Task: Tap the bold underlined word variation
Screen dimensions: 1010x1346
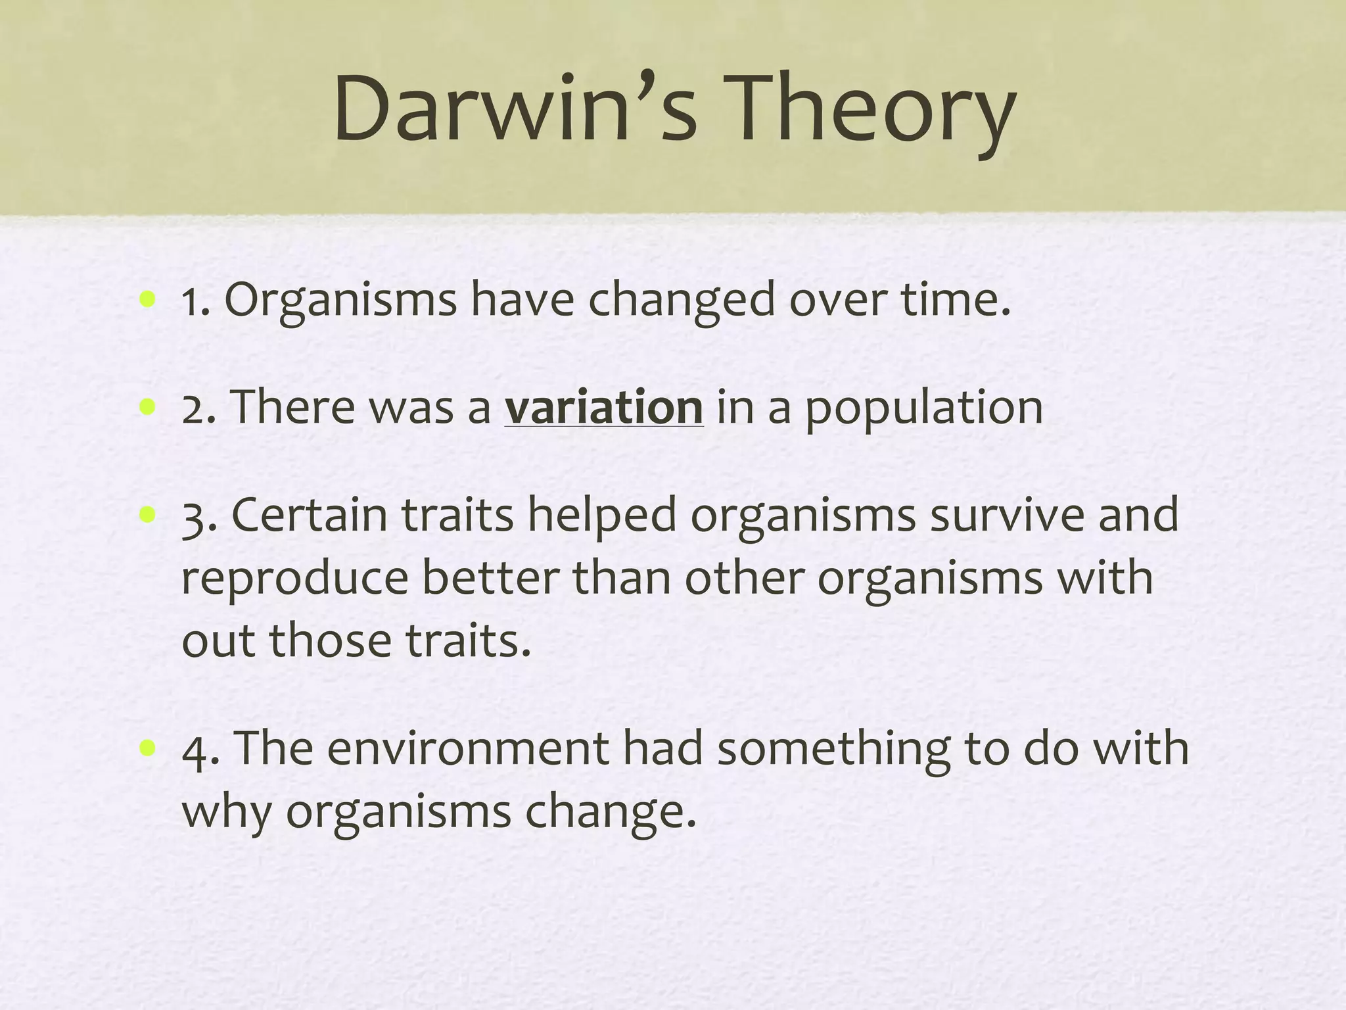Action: pyautogui.click(x=604, y=408)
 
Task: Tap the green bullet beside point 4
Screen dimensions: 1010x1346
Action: pyautogui.click(x=147, y=748)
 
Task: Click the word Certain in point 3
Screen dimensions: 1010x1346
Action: pyautogui.click(x=309, y=516)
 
